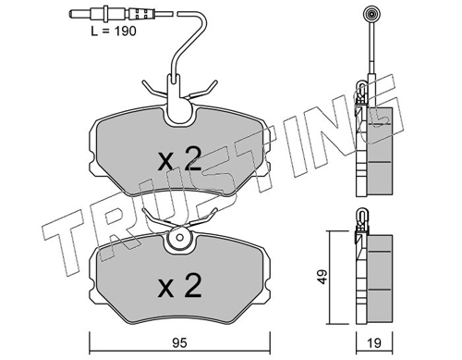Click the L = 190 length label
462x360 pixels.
pos(114,31)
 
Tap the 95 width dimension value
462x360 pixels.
pos(179,343)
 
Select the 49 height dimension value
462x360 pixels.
pos(322,277)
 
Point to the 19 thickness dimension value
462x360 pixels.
pos(374,343)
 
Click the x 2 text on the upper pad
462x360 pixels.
pos(179,159)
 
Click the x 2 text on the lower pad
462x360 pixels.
pos(179,285)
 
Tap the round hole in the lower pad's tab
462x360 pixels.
pos(180,237)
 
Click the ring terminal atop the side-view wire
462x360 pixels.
pos(370,14)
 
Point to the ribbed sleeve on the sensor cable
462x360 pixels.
pos(140,14)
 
